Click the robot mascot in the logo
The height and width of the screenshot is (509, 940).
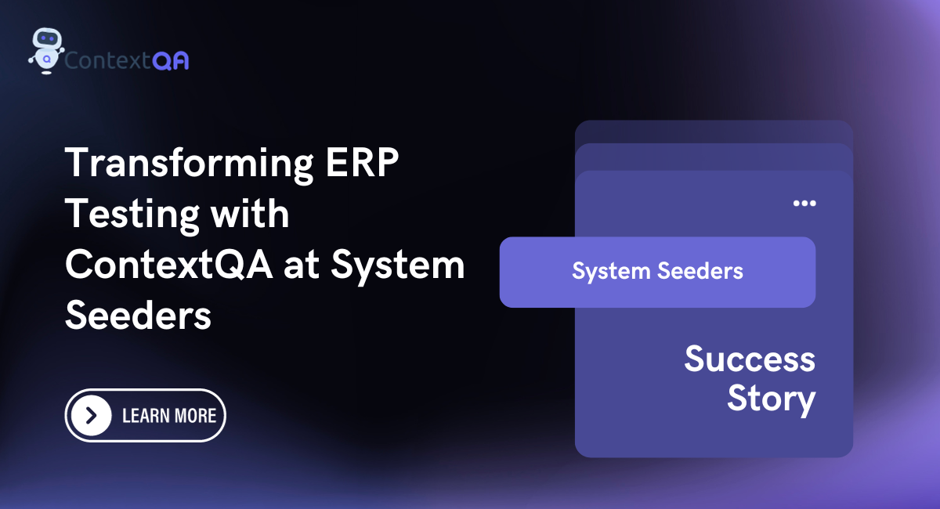pyautogui.click(x=46, y=51)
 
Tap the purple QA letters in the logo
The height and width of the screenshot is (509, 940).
pyautogui.click(x=171, y=61)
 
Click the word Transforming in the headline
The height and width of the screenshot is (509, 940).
pyautogui.click(x=190, y=164)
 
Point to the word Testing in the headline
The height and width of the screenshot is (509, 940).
pyautogui.click(x=132, y=215)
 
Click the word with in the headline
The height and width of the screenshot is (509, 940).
pyautogui.click(x=250, y=213)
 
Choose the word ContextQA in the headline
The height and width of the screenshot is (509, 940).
pyautogui.click(x=168, y=265)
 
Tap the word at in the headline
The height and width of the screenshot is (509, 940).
pyautogui.click(x=302, y=266)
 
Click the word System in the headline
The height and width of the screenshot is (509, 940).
pyautogui.click(x=398, y=266)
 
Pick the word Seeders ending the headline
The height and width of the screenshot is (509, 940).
pyautogui.click(x=138, y=316)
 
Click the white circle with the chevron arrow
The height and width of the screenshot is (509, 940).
pyautogui.click(x=91, y=416)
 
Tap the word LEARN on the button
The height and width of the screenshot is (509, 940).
pyautogui.click(x=145, y=416)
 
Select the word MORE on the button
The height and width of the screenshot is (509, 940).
pyautogui.click(x=195, y=416)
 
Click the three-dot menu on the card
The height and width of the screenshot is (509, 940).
pyautogui.click(x=804, y=204)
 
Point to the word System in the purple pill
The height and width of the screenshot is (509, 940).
pyautogui.click(x=611, y=272)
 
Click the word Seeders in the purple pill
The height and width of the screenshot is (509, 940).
pyautogui.click(x=700, y=271)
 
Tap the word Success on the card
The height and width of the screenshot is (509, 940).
pyautogui.click(x=750, y=359)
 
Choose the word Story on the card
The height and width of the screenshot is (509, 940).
pyautogui.click(x=772, y=400)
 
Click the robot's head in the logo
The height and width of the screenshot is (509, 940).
pyautogui.click(x=48, y=38)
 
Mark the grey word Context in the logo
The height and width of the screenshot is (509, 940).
pyautogui.click(x=107, y=61)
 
